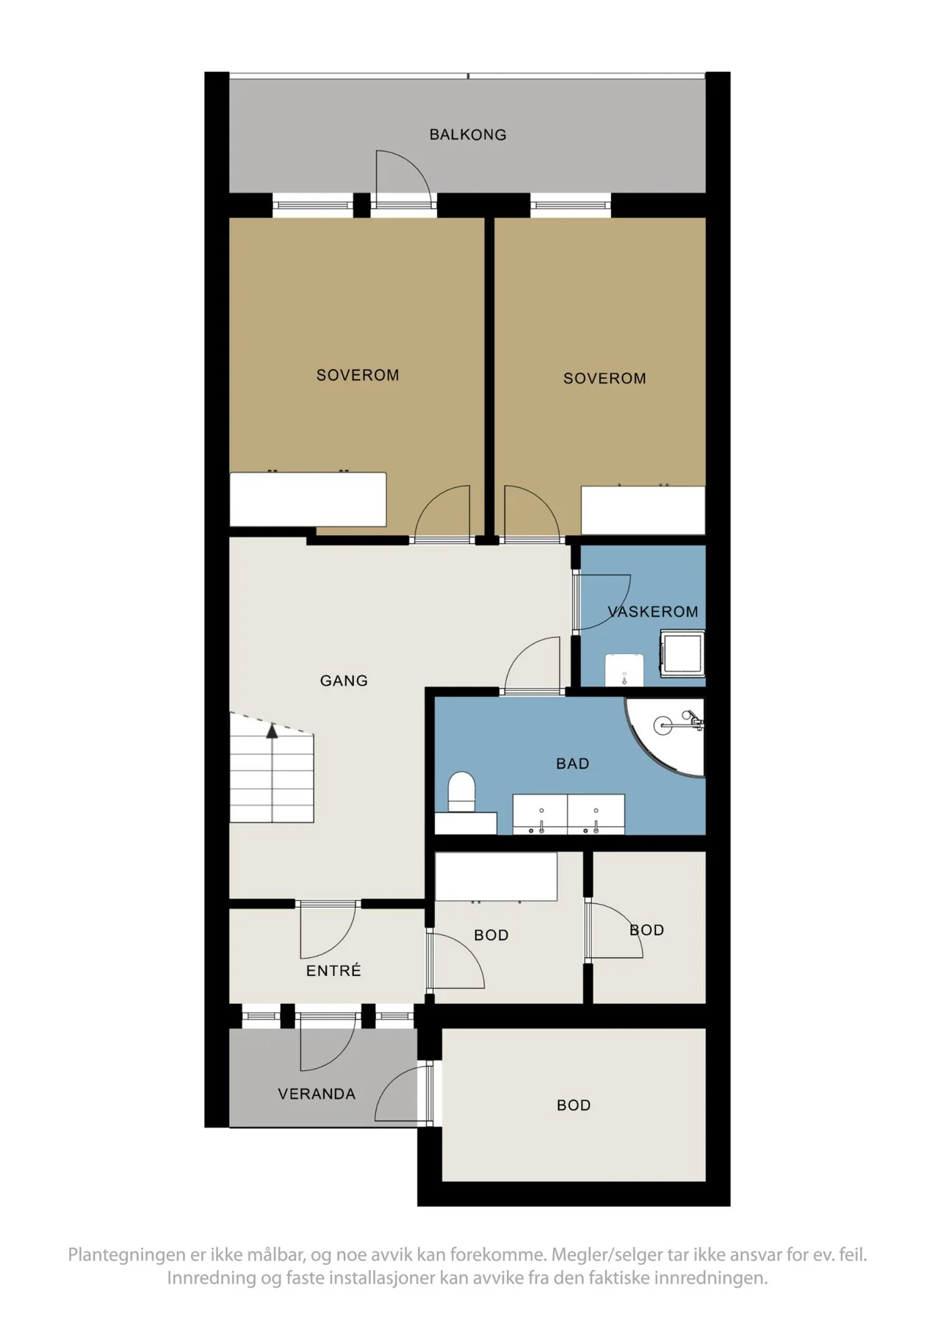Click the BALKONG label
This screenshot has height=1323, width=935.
[x=468, y=135]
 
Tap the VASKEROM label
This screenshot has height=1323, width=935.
[x=652, y=612]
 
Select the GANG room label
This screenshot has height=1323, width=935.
[x=344, y=681]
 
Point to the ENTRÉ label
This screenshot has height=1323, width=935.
[x=333, y=970]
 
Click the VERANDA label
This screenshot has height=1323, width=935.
[x=317, y=1094]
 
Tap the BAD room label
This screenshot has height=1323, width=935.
[x=573, y=764]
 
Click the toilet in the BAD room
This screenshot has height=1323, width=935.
[x=462, y=792]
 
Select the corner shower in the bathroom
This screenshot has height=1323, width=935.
[x=664, y=736]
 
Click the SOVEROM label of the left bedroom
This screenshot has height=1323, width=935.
[x=358, y=375]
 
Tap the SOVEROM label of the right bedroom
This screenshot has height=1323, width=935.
[x=604, y=379]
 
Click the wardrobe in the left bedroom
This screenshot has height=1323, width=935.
[x=308, y=499]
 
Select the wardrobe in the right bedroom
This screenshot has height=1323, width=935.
[x=643, y=509]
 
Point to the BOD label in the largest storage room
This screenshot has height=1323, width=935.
[x=574, y=1105]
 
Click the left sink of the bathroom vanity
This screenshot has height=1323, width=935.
[x=541, y=814]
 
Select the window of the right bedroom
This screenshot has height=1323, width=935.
[x=571, y=205]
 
